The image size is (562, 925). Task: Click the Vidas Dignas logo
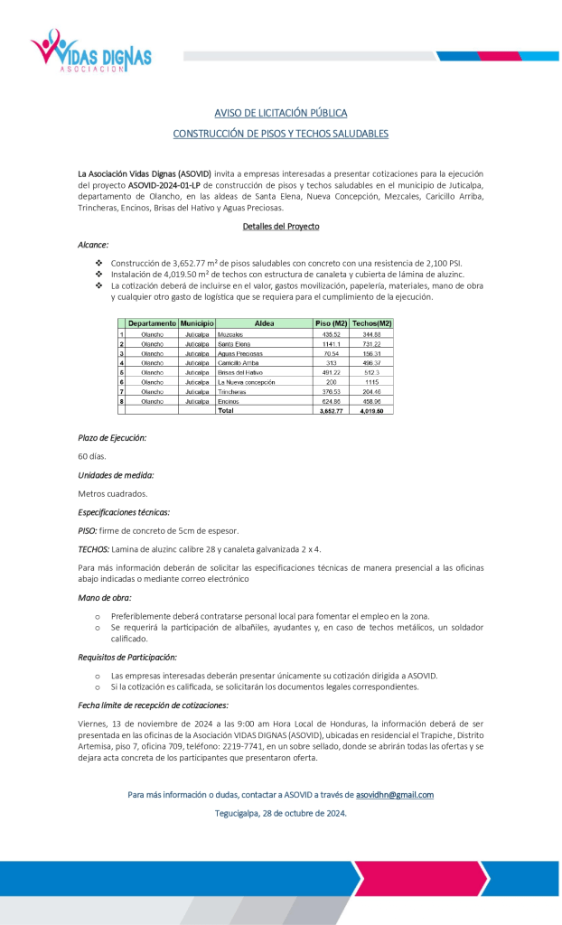tap(90, 51)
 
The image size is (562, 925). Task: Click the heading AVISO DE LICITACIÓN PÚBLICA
tap(280, 113)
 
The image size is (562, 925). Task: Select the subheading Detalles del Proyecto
tap(280, 226)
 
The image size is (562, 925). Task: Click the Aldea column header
tap(264, 323)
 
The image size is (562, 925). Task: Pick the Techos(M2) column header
tap(371, 323)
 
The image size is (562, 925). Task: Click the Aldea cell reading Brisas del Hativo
tap(239, 372)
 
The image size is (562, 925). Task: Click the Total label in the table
tap(226, 410)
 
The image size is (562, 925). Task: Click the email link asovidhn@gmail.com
tap(395, 795)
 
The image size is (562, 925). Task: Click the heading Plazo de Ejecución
tap(112, 437)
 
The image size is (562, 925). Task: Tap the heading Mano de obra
tap(106, 597)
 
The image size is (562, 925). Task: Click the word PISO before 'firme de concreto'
tap(88, 531)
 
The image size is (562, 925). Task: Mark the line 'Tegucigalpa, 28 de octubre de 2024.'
tap(280, 813)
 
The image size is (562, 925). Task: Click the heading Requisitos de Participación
tap(127, 657)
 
